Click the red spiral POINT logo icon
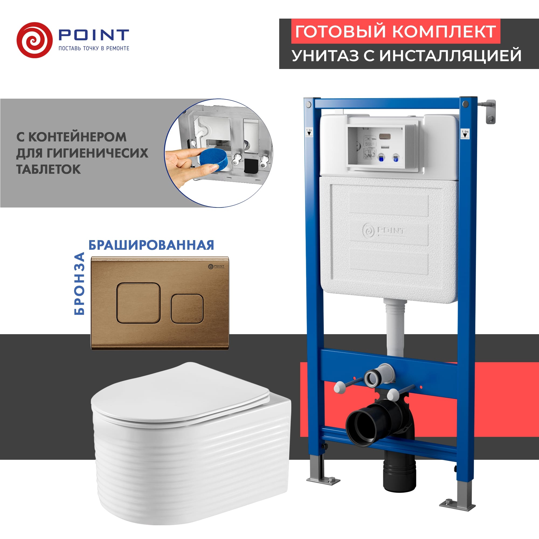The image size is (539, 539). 34,40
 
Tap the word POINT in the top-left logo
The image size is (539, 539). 94,35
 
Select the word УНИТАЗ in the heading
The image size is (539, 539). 325,55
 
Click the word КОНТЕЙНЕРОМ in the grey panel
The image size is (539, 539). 78,137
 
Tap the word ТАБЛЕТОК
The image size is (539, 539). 49,169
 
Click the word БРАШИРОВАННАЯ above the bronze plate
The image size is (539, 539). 151,245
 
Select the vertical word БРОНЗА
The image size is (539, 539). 79,284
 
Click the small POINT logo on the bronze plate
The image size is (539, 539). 216,266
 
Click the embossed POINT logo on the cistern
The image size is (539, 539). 383,231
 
